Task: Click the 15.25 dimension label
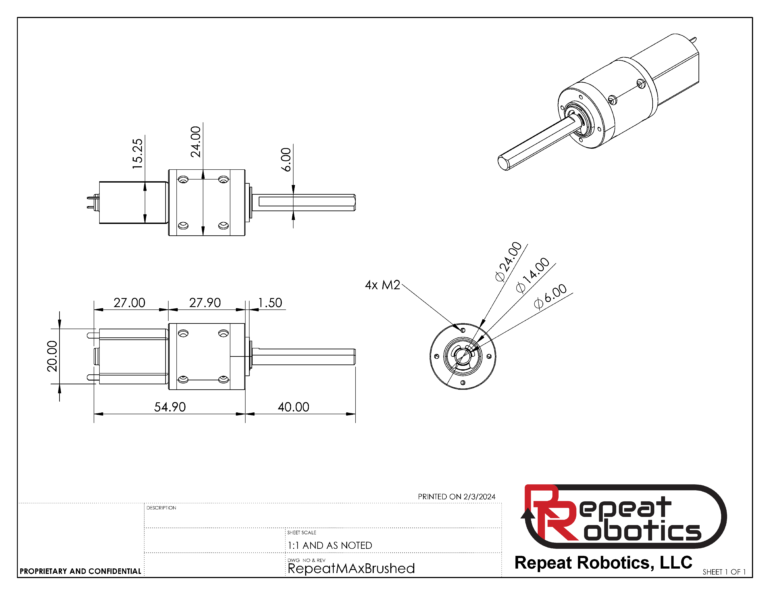pyautogui.click(x=137, y=154)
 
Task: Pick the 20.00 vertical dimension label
pyautogui.click(x=52, y=356)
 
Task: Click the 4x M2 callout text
pyautogui.click(x=383, y=285)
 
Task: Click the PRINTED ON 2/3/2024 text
pyautogui.click(x=456, y=497)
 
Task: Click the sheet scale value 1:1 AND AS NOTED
pyautogui.click(x=330, y=545)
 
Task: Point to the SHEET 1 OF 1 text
pyautogui.click(x=724, y=572)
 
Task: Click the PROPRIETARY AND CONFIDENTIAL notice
pyautogui.click(x=80, y=571)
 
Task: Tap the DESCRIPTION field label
pyautogui.click(x=161, y=508)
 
